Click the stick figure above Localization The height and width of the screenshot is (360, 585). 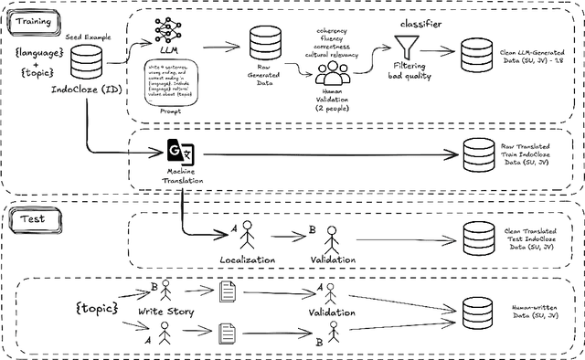tap(245, 237)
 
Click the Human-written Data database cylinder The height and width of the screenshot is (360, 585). tap(482, 312)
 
